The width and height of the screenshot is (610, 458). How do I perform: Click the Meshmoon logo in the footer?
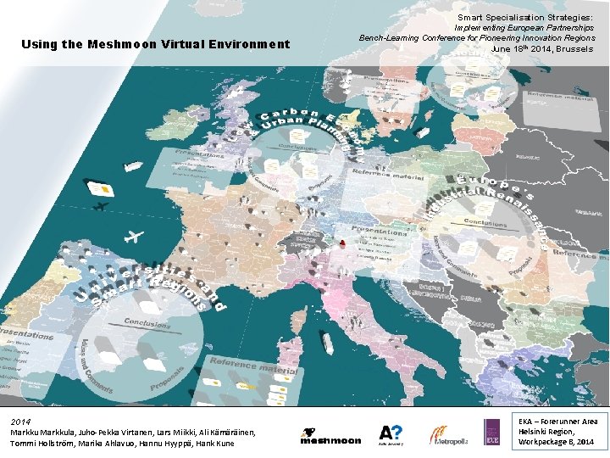click(330, 436)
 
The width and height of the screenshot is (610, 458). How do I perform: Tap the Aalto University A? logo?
click(391, 434)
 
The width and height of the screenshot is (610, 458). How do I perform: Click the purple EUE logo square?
click(492, 433)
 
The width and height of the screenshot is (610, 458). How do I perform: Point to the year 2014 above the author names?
click(21, 421)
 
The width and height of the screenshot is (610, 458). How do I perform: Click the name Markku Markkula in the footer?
click(41, 433)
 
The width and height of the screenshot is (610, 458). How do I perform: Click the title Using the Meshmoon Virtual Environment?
click(155, 44)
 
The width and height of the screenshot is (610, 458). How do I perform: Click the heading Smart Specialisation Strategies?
click(524, 16)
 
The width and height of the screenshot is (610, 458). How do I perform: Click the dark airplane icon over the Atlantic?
click(100, 206)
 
